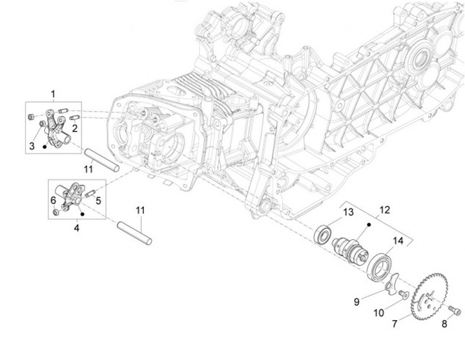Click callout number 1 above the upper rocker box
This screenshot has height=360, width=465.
(53, 95)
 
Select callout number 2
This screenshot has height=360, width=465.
(75, 128)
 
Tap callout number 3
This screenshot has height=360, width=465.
(31, 146)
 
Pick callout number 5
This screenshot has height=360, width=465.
(99, 201)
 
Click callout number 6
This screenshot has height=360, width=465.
(54, 201)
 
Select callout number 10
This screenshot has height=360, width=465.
(379, 313)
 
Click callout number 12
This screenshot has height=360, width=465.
(385, 210)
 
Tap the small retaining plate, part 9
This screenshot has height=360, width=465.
(390, 282)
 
